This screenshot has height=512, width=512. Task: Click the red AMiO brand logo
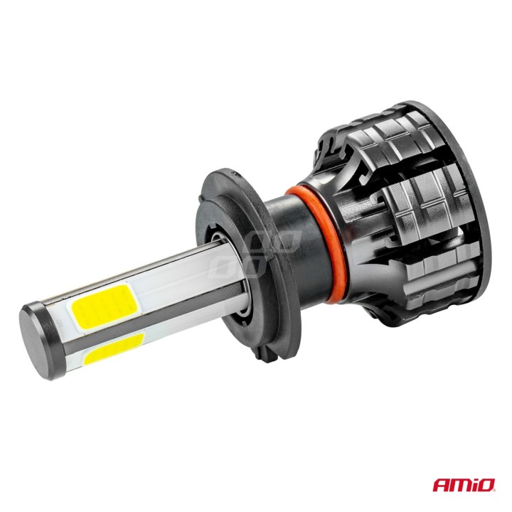coord(464,486)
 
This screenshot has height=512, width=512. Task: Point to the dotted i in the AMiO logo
coord(474,486)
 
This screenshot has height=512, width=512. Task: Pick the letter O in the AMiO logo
coord(485,486)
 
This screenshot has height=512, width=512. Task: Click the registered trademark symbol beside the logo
coord(495,480)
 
